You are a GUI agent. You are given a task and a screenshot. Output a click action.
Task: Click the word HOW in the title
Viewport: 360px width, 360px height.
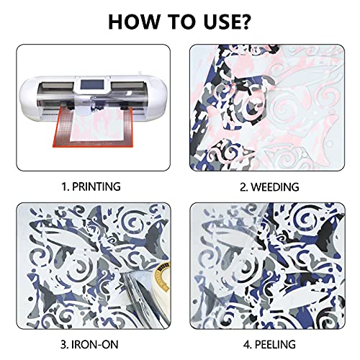[134, 22]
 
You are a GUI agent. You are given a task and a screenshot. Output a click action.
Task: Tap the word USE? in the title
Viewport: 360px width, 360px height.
[227, 22]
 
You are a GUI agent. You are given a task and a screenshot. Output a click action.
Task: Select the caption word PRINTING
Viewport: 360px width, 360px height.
[96, 186]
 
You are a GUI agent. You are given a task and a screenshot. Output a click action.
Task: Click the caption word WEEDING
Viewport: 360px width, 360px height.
[275, 187]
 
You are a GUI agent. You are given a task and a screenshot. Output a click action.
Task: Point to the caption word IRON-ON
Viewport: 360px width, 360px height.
[95, 344]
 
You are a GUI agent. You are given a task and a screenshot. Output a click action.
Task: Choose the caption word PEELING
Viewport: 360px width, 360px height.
[275, 344]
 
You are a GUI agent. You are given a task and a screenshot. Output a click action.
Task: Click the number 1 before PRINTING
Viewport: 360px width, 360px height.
[65, 186]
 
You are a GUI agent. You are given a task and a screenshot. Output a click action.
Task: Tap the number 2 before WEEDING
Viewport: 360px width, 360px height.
[244, 187]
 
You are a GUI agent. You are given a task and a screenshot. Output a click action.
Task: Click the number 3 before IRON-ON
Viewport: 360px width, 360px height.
[64, 344]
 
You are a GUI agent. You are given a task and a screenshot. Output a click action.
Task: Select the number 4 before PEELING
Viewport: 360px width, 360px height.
[247, 344]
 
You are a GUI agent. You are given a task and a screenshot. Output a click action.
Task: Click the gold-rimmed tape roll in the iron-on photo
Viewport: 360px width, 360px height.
[163, 276]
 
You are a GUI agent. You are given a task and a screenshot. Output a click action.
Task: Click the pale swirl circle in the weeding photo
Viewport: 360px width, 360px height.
[286, 109]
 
